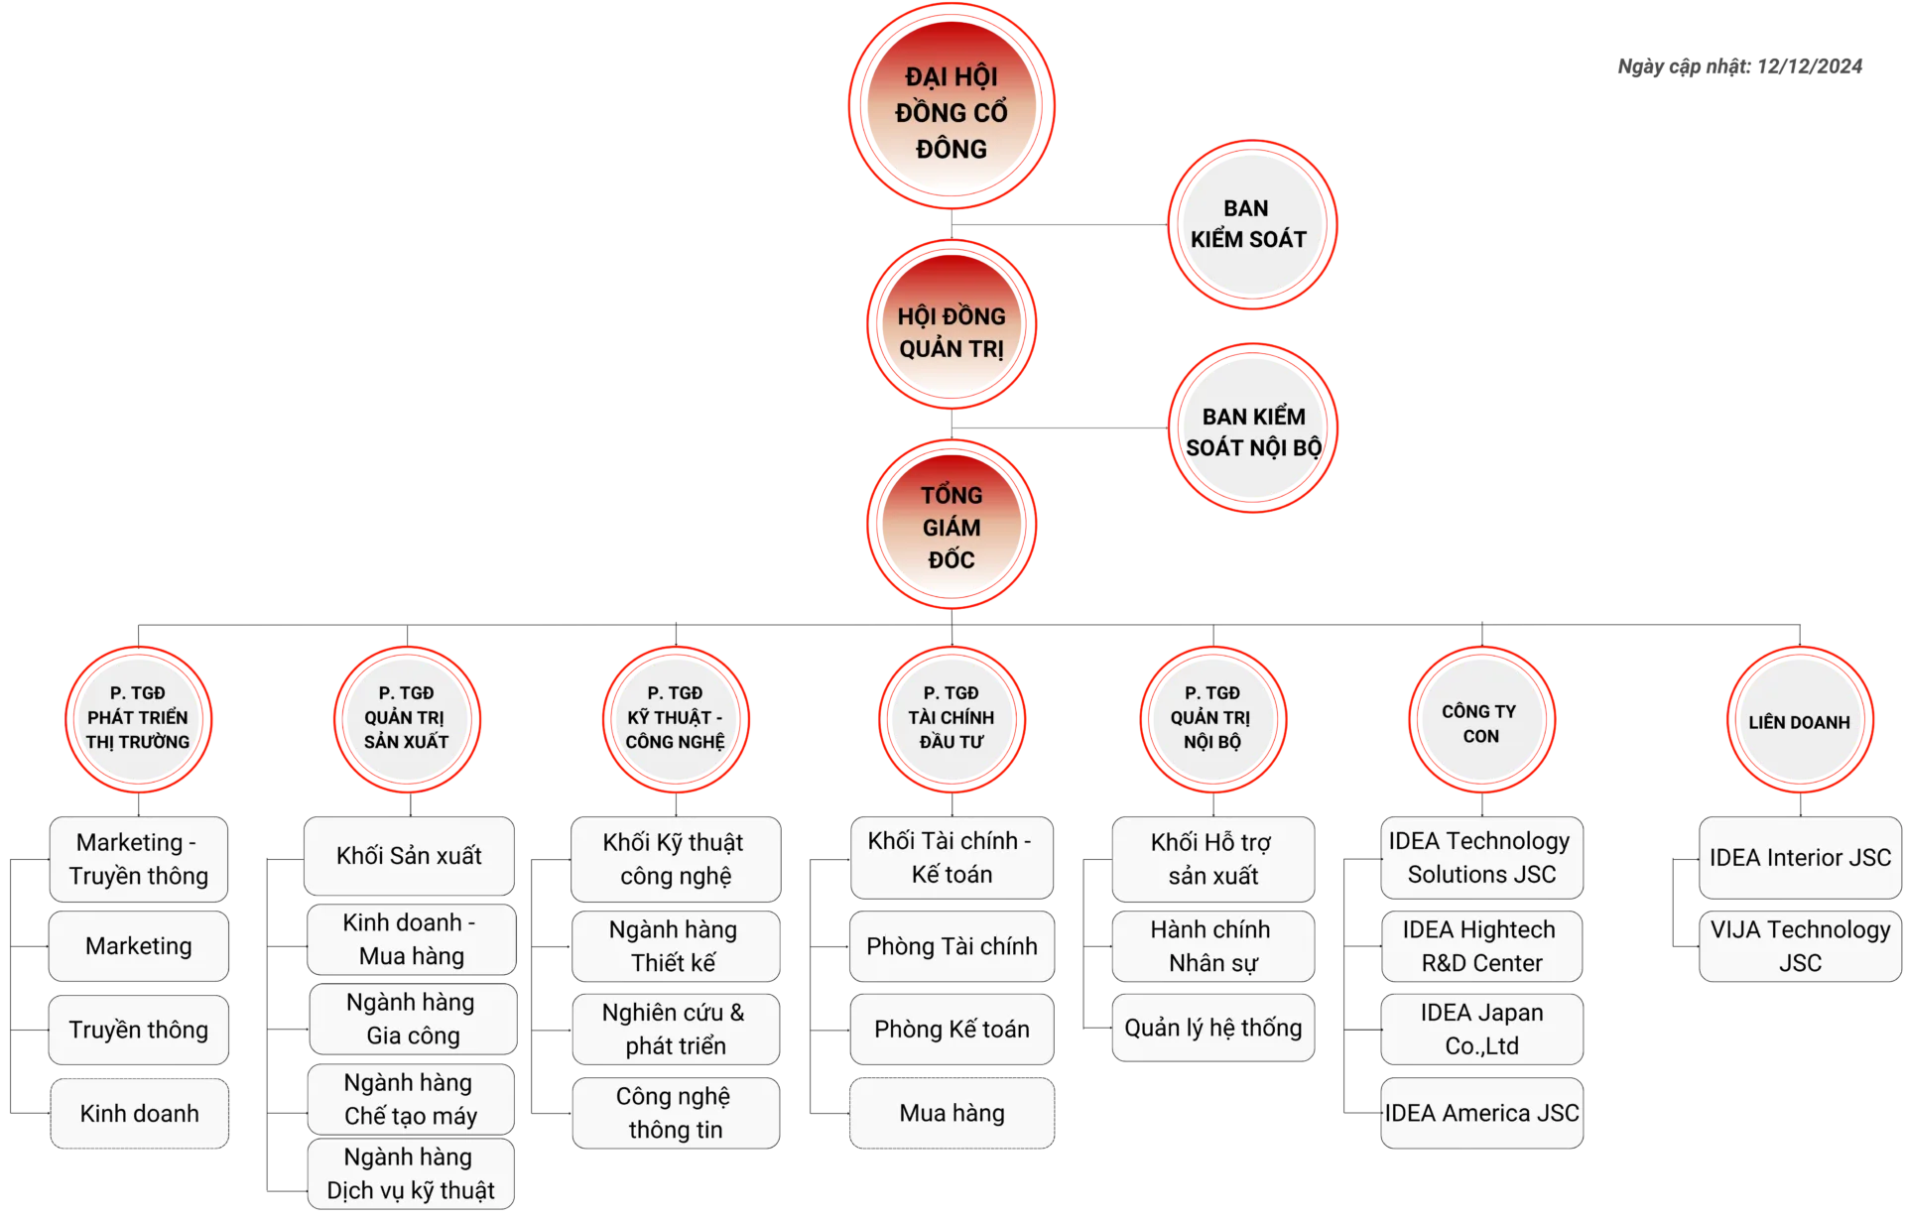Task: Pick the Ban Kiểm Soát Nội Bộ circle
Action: coord(1253,428)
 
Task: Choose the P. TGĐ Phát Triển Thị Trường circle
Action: coord(138,718)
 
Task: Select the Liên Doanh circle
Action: coord(1799,721)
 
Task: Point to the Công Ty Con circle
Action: coord(1479,721)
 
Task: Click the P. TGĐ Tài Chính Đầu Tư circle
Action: coord(952,718)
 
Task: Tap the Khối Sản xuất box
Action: coord(409,856)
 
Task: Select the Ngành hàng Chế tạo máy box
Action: coord(411,1099)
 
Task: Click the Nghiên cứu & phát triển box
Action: coord(675,1030)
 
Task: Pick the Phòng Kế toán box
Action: coord(952,1030)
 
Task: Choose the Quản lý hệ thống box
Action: coord(1212,1028)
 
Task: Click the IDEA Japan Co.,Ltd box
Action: coord(1481,1030)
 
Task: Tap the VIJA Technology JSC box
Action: coord(1800,946)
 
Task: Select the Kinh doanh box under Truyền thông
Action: coord(139,1114)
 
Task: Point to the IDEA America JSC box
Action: coord(1481,1114)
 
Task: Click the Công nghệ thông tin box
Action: coord(675,1113)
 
